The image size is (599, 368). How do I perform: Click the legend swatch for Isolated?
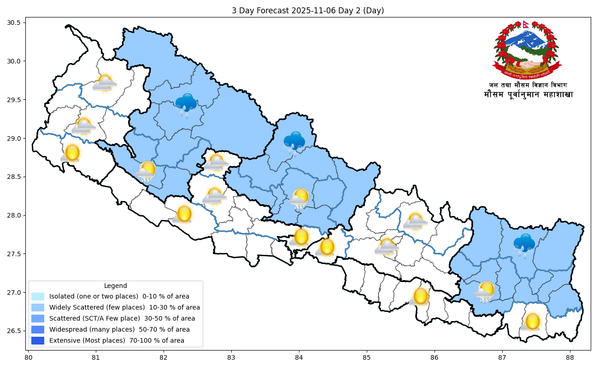click(38, 296)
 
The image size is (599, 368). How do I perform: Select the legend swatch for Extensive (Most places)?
click(38, 340)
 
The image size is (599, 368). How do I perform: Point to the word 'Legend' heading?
click(116, 286)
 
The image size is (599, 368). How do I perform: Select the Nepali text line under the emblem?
click(529, 95)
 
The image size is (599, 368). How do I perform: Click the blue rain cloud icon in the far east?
click(524, 244)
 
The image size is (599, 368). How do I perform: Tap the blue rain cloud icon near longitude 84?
click(294, 142)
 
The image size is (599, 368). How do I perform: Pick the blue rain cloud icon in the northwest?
click(186, 104)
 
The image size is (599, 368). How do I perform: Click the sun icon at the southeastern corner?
click(532, 322)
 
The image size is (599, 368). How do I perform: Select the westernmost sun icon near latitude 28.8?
click(71, 153)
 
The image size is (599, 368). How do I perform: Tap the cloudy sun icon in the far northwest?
click(105, 83)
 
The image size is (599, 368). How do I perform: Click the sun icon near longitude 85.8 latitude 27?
click(420, 296)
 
